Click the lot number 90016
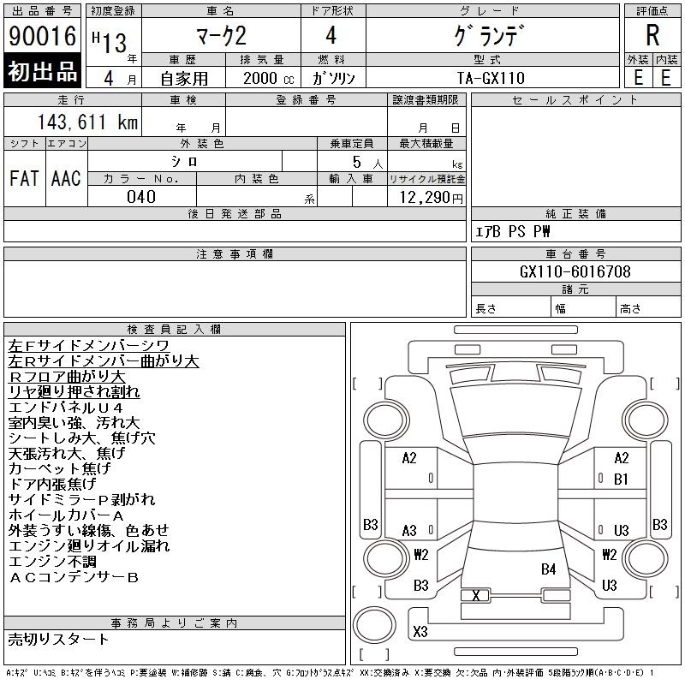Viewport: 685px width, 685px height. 42,36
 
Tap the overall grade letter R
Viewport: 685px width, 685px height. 652,35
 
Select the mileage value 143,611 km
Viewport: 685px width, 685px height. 87,122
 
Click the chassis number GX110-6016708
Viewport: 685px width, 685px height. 575,271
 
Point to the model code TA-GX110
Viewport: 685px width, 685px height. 491,78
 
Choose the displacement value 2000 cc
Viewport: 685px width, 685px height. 268,79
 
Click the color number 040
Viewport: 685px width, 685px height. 141,197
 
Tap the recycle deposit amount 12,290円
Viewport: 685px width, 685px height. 431,198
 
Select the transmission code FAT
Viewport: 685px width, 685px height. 25,178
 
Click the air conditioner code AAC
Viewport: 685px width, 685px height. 66,178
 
